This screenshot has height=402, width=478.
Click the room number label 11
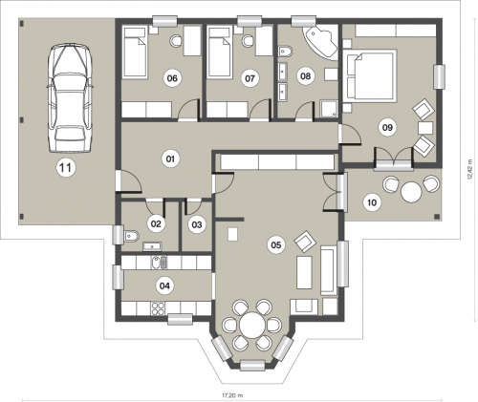pyautogui.click(x=66, y=167)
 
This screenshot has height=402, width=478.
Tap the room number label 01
pyautogui.click(x=170, y=159)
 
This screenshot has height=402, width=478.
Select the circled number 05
pyautogui.click(x=276, y=244)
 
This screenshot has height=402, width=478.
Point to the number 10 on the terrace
pyautogui.click(x=372, y=202)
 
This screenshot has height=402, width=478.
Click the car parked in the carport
pyautogui.click(x=70, y=97)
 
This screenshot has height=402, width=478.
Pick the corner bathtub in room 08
pyautogui.click(x=321, y=42)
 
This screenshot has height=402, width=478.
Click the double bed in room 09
pyautogui.click(x=370, y=75)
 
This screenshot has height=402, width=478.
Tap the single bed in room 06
pyautogui.click(x=136, y=53)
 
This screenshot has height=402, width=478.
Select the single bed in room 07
pyautogui.click(x=220, y=53)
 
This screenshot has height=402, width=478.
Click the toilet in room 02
pyautogui.click(x=131, y=236)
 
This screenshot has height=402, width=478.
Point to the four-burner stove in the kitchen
pyautogui.click(x=158, y=308)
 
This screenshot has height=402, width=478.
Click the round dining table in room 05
pyautogui.click(x=252, y=325)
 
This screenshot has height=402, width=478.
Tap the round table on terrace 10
pyautogui.click(x=411, y=192)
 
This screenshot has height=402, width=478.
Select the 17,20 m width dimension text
pyautogui.click(x=232, y=395)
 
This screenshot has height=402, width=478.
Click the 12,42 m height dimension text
pyautogui.click(x=470, y=170)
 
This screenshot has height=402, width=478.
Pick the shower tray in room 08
pyautogui.click(x=329, y=109)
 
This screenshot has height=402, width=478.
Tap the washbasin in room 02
pyautogui.click(x=153, y=246)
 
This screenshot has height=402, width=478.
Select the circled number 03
pyautogui.click(x=197, y=224)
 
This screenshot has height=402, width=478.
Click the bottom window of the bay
pyautogui.click(x=252, y=365)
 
